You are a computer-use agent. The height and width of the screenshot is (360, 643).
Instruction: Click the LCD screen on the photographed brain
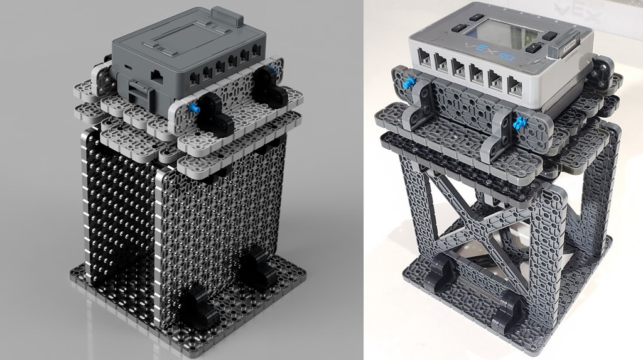point(500,31)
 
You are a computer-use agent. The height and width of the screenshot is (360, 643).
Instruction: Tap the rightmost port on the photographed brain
point(514,85)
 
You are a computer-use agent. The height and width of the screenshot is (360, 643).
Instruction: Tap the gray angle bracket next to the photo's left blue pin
point(424,100)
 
